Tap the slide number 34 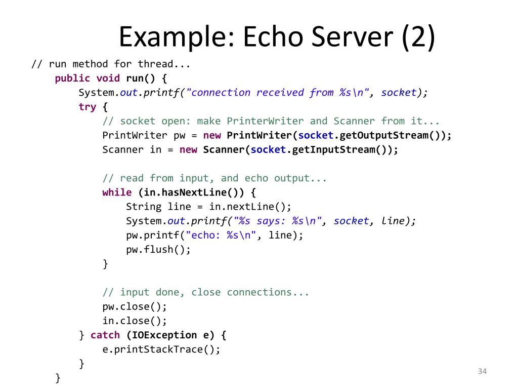pyautogui.click(x=482, y=372)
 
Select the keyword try pyautogui.click(x=87, y=107)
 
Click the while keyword pyautogui.click(x=117, y=192)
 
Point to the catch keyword pyautogui.click(x=105, y=335)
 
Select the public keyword pyautogui.click(x=72, y=78)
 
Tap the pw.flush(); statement pyautogui.click(x=158, y=249)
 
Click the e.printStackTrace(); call pyautogui.click(x=161, y=349)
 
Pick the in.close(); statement pyautogui.click(x=135, y=321)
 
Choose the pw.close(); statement pyautogui.click(x=135, y=306)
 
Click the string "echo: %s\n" pyautogui.click(x=221, y=235)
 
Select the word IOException pyautogui.click(x=164, y=335)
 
